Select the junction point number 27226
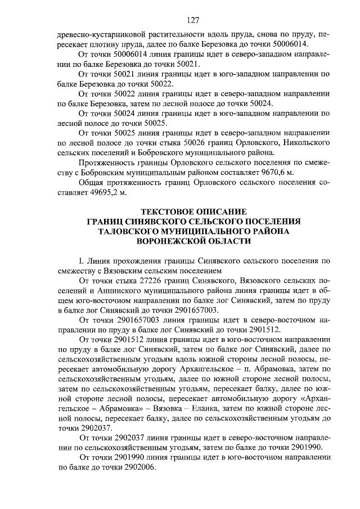142,280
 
